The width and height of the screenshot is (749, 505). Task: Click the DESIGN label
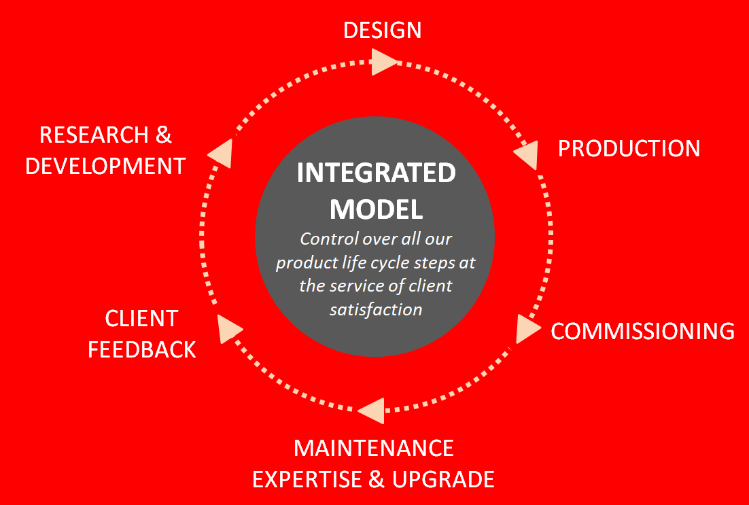click(382, 30)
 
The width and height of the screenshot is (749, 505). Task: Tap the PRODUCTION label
click(629, 149)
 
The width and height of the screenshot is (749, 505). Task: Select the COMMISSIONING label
click(642, 331)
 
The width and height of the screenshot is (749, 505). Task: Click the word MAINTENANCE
click(374, 448)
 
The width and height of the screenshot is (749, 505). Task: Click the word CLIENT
click(141, 319)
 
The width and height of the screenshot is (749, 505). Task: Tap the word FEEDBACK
click(142, 350)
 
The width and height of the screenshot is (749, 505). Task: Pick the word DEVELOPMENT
click(105, 167)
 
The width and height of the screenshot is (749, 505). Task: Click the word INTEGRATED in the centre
click(377, 173)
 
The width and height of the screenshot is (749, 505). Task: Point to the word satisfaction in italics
click(376, 309)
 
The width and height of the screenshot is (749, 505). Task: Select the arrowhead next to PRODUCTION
click(526, 154)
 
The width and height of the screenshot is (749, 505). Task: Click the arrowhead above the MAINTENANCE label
click(371, 411)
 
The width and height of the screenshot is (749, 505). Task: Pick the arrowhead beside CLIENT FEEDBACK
click(229, 329)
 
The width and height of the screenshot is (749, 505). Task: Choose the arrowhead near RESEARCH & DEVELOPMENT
click(220, 154)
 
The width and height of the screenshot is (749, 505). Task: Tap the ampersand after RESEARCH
click(164, 135)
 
